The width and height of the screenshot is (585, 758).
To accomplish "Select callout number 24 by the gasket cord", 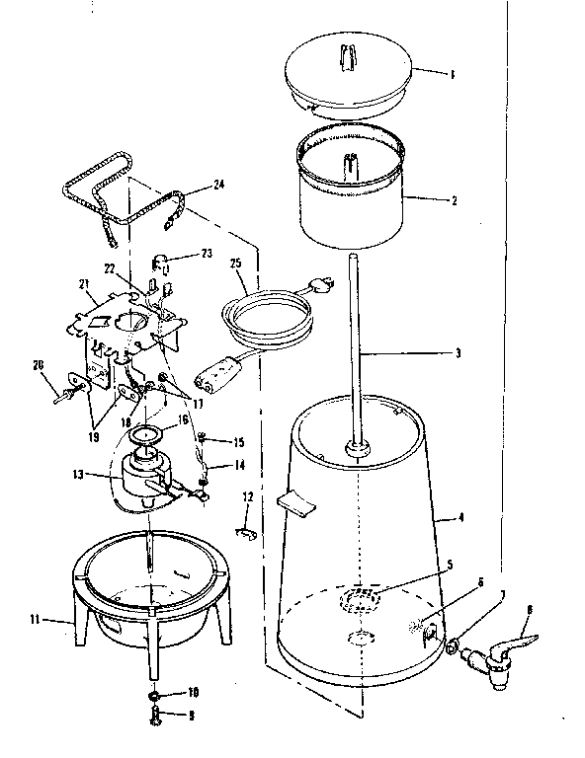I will (x=218, y=184).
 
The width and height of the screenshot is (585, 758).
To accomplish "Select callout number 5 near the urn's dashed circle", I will (x=449, y=565).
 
